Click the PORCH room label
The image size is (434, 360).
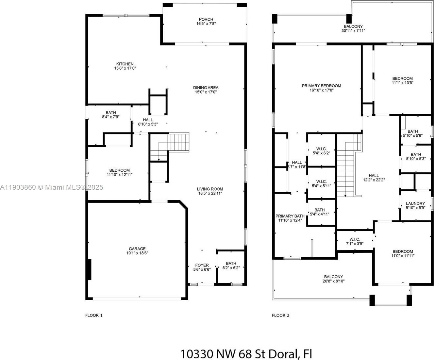tap(206, 19)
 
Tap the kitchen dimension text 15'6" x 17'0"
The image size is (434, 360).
tap(125, 68)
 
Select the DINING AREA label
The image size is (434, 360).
tap(206, 88)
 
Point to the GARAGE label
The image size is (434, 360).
tap(137, 249)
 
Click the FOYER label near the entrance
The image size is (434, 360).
tap(202, 265)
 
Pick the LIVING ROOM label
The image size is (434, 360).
tap(210, 189)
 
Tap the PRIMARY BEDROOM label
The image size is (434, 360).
tap(321, 86)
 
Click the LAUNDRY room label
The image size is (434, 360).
tap(415, 203)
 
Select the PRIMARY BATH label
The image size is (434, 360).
tap(290, 216)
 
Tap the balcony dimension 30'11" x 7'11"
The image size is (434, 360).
tap(353, 30)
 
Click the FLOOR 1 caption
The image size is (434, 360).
tap(94, 315)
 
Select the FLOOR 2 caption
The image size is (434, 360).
tap(281, 315)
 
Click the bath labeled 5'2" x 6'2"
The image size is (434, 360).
tap(231, 266)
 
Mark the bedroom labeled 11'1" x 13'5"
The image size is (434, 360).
tap(402, 80)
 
